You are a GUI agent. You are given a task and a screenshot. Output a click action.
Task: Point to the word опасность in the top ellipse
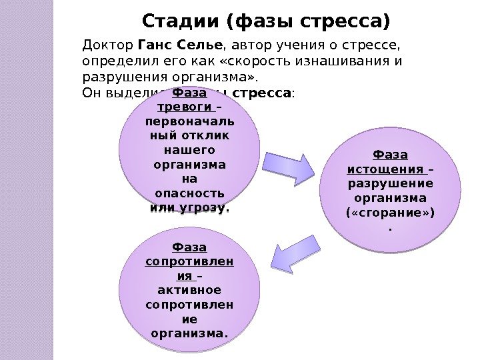pyautogui.click(x=185, y=193)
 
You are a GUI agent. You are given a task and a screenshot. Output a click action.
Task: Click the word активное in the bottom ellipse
pyautogui.click(x=189, y=290)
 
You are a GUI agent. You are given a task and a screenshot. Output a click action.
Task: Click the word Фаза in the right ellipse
pyautogui.click(x=390, y=155)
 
